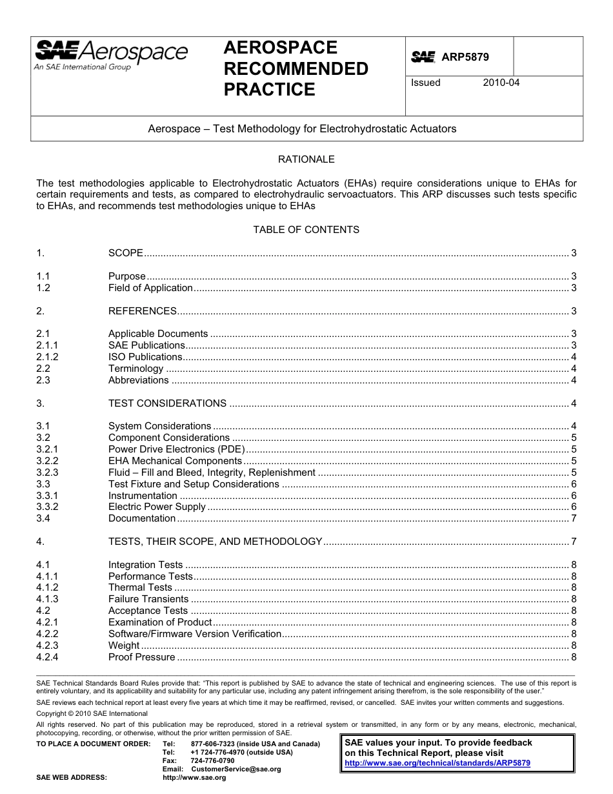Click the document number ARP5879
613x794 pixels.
coord(465,57)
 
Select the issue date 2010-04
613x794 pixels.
coord(501,83)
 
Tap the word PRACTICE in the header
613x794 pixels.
coord(269,90)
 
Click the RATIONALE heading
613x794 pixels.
coord(306,159)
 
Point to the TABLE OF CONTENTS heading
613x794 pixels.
coord(306,229)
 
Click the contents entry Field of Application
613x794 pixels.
coord(150,288)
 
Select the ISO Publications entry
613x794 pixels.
coord(145,357)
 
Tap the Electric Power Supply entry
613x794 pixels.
coord(157,507)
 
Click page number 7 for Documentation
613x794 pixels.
coord(574,518)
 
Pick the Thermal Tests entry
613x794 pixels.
coord(140,587)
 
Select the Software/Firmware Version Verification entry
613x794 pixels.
coord(194,634)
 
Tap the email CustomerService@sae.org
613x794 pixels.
coord(236,769)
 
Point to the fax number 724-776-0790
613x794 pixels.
coord(212,761)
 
